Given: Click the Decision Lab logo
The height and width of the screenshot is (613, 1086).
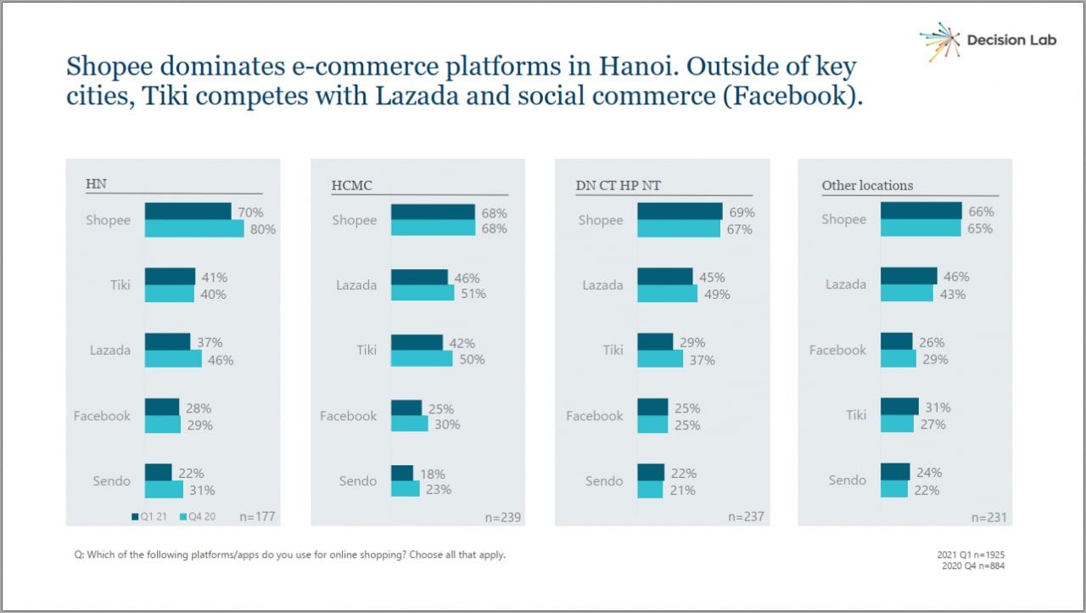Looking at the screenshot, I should [988, 41].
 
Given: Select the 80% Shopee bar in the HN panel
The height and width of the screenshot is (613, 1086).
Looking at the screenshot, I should [194, 228].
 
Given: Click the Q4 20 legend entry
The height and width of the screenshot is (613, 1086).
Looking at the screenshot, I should [197, 516].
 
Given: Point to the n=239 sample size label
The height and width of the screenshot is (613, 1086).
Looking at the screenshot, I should [502, 517].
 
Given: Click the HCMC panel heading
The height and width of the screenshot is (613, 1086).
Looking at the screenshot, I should [351, 185].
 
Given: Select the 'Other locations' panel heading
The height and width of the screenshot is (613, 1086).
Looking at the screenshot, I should [867, 185].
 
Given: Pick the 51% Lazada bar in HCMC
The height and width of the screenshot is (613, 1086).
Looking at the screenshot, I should [423, 293].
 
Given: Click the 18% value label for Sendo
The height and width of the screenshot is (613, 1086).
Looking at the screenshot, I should [432, 474].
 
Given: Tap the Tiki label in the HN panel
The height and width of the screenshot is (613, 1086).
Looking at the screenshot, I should [120, 285].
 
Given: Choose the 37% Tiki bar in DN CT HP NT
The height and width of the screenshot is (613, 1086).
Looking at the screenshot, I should [659, 359].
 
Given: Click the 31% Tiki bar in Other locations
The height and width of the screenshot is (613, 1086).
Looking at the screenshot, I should [899, 408].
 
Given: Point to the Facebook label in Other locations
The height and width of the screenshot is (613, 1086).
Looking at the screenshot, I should [837, 350].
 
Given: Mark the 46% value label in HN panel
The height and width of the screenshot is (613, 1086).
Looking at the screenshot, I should [221, 360].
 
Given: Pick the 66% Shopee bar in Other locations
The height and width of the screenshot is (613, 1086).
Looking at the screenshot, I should [921, 211].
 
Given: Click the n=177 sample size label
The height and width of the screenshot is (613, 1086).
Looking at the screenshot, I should [257, 516].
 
